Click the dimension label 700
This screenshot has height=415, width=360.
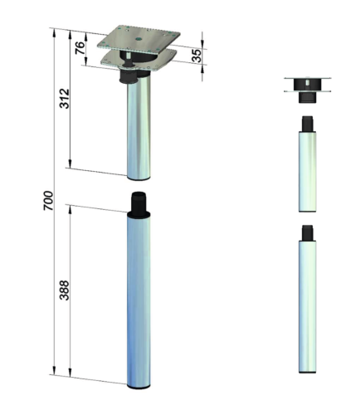coord(48,201)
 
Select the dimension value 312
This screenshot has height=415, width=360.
coord(65,99)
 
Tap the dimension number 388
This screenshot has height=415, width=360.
coord(65,290)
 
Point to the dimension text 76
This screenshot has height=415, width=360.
coord(80,48)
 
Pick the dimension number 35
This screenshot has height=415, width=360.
coord(197,56)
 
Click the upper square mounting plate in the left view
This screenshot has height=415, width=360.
coord(139,39)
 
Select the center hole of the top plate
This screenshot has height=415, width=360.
coord(139,39)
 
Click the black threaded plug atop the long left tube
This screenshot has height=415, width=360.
coord(139,203)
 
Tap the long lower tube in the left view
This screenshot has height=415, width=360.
coord(139,300)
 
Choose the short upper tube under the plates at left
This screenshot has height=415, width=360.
coord(139,128)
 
